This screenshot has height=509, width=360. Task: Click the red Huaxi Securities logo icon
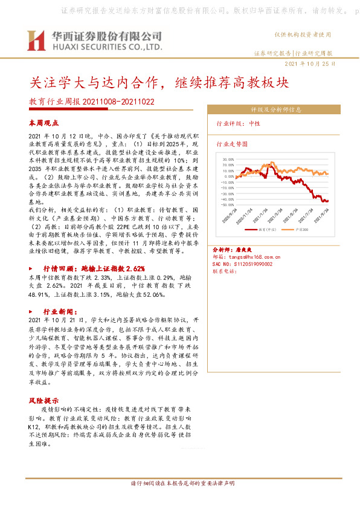coord(37,41)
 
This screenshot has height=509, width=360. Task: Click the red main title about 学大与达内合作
coord(159,82)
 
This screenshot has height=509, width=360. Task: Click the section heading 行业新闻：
coord(63,309)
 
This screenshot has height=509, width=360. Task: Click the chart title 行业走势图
coord(232,145)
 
